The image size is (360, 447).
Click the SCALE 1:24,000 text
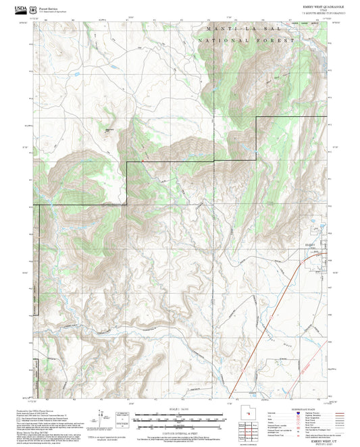pyautogui.click(x=180, y=409)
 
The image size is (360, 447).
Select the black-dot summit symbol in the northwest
pyautogui.click(x=107, y=130)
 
